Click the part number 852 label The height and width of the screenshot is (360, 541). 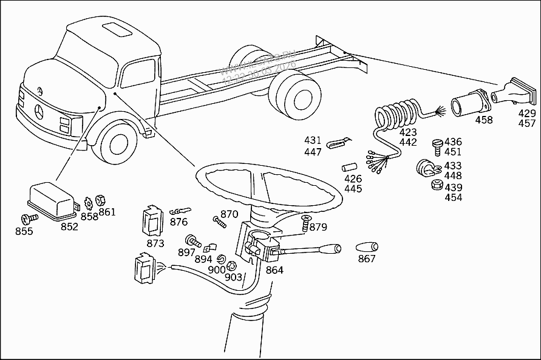point(69,226)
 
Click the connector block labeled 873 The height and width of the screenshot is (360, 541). point(154,221)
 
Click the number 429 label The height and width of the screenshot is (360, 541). point(526,114)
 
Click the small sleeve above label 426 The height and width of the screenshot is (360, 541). point(350,166)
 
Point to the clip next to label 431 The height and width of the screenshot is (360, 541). point(335,144)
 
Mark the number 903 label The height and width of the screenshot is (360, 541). point(234,277)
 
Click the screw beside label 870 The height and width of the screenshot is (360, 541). point(220,222)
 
